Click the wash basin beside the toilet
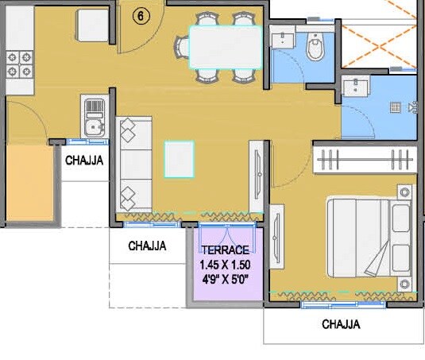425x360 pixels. pyautogui.click(x=282, y=39)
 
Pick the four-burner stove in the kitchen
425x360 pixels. pyautogui.click(x=19, y=63)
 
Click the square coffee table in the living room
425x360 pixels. pyautogui.click(x=179, y=158)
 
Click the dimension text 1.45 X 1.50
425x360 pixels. pyautogui.click(x=225, y=264)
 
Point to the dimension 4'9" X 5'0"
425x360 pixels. pyautogui.click(x=225, y=278)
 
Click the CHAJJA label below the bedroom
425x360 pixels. pyautogui.click(x=341, y=324)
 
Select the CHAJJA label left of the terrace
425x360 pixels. pyautogui.click(x=147, y=246)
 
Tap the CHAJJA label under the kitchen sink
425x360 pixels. pyautogui.click(x=84, y=161)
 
